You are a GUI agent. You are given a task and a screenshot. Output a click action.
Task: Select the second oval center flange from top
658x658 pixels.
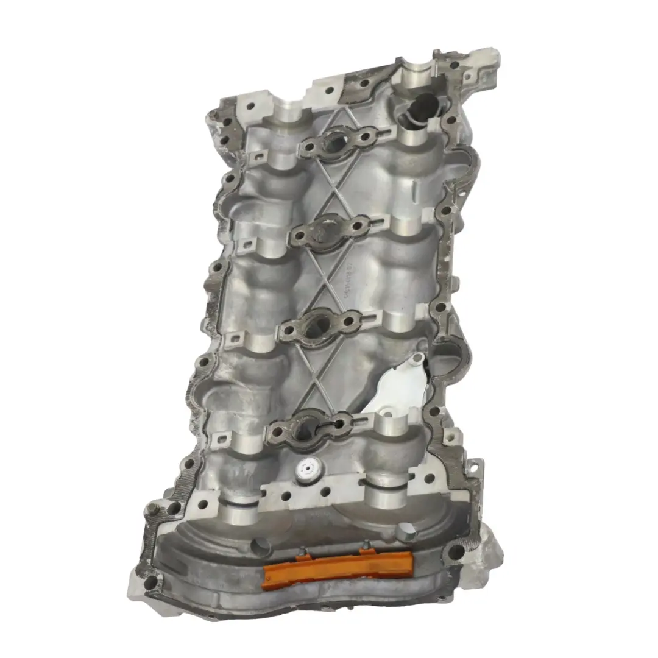[328, 230]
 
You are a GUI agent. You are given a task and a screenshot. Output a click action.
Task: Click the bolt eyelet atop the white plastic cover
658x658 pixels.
[416, 360]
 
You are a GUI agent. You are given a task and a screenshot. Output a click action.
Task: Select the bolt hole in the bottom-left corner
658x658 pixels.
[149, 584]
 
